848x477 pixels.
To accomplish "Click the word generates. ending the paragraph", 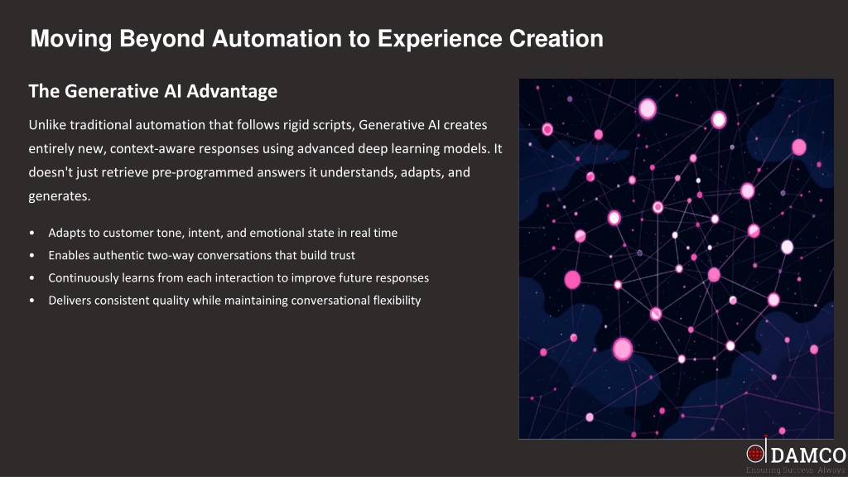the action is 60,196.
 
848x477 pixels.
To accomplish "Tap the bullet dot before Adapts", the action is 32,233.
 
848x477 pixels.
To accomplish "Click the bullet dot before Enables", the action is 32,255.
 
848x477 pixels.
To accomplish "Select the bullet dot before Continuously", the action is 32,278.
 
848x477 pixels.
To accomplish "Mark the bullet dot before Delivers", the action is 32,301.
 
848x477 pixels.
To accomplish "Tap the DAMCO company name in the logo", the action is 808,455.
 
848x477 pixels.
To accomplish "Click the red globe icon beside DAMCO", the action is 755,454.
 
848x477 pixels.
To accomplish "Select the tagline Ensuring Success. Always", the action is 796,470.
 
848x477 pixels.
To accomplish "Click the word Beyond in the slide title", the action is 162,39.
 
